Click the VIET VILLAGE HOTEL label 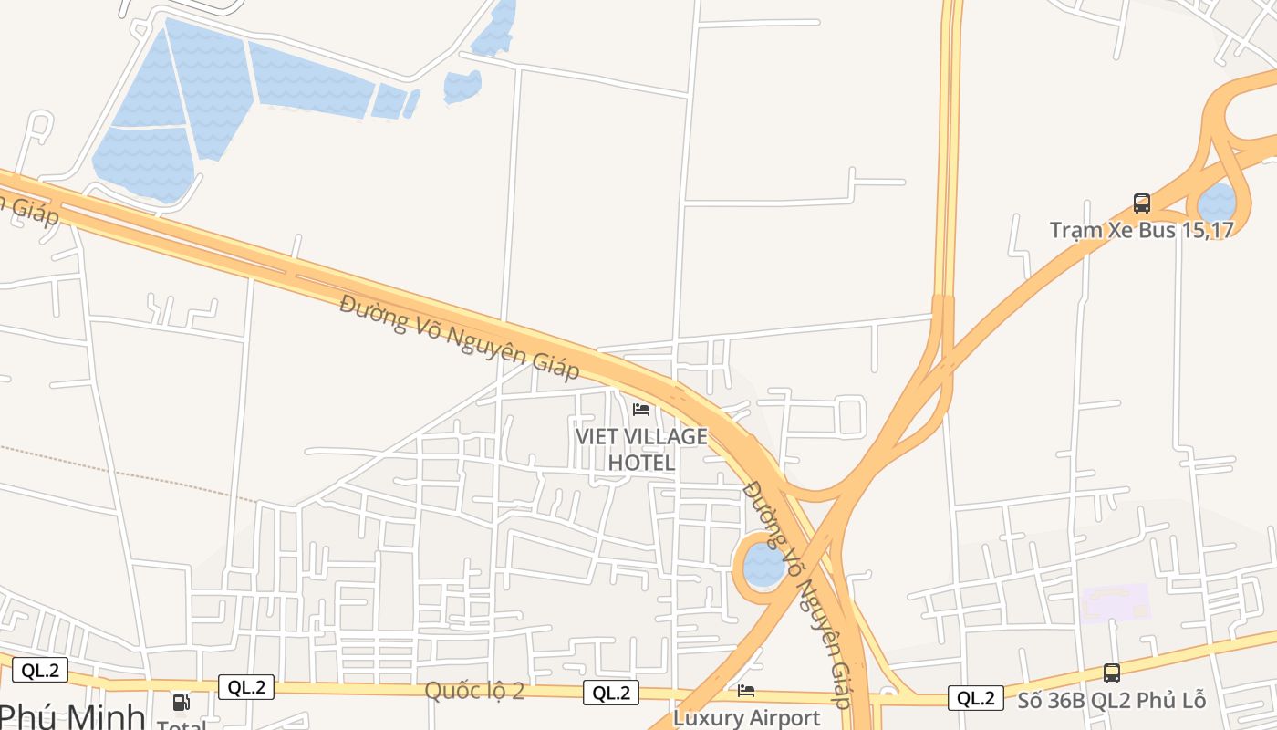tap(641, 449)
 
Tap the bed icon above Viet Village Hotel tap(641, 409)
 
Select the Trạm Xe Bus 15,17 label tap(1141, 230)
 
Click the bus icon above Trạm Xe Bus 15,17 tap(1141, 203)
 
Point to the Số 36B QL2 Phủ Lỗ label tap(1111, 701)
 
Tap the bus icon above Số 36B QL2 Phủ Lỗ tap(1111, 673)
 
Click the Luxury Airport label tap(746, 718)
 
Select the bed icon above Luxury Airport tap(746, 691)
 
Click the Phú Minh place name tap(73, 716)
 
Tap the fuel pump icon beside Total tap(182, 702)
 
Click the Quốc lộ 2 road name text tap(474, 691)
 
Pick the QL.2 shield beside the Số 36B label tap(975, 698)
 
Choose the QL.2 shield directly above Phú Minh tap(40, 671)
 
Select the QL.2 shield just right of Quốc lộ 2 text tap(611, 693)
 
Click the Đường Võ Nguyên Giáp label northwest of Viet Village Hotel tap(459, 337)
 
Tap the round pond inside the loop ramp tap(763, 567)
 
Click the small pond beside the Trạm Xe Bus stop tap(1216, 202)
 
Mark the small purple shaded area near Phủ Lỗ tap(1114, 603)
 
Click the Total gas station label tap(182, 725)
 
